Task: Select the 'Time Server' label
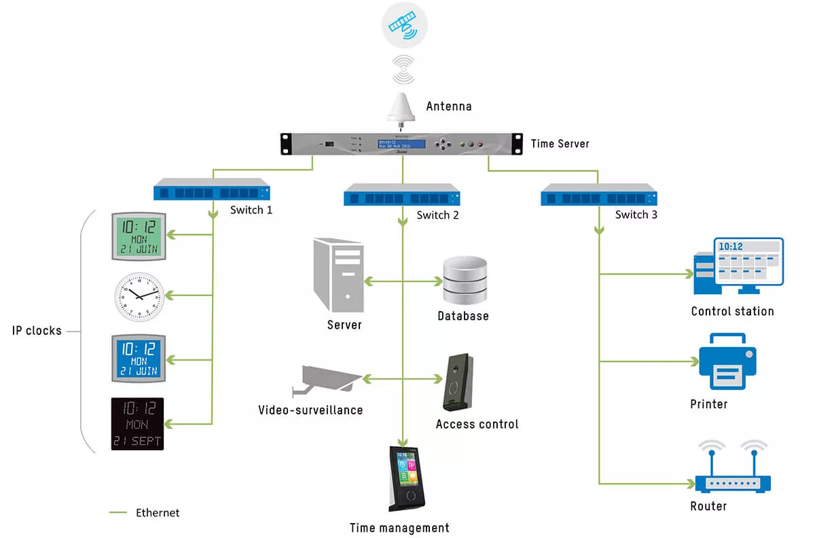click(x=560, y=143)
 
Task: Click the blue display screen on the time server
click(x=401, y=144)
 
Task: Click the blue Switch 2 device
click(x=402, y=196)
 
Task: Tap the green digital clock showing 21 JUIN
click(x=137, y=236)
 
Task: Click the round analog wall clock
click(x=138, y=296)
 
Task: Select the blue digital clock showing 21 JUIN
click(x=138, y=358)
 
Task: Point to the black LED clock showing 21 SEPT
click(x=138, y=424)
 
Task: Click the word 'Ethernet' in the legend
click(x=158, y=513)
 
